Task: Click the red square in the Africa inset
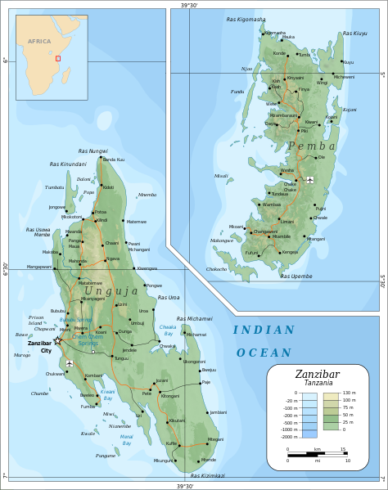coord(57,58)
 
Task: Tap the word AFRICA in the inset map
coord(39,40)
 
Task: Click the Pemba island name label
coord(307,146)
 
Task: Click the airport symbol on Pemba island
coord(309,179)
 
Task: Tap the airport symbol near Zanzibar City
coord(70,362)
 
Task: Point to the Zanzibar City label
coord(39,346)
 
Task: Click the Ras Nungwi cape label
coord(92,151)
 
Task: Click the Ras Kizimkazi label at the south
coord(207,475)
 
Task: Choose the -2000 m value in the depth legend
coord(288,437)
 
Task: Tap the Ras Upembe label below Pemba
coord(296,276)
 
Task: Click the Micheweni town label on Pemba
coord(344,77)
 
